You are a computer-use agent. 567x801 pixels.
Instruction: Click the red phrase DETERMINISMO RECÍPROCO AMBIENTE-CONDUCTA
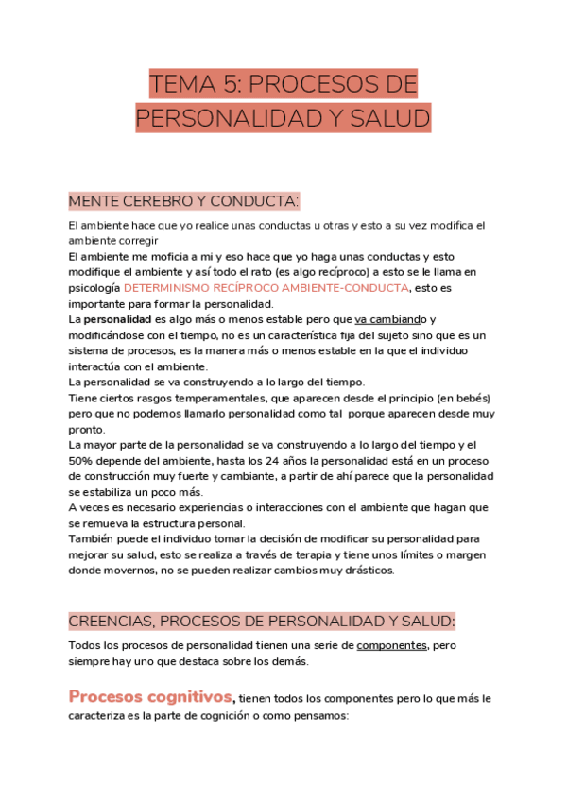click(x=266, y=287)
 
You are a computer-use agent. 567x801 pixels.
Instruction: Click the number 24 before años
click(x=242, y=460)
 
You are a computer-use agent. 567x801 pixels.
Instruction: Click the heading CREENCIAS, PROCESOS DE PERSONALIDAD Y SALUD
click(x=262, y=621)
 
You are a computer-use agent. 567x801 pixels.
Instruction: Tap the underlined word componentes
click(x=392, y=645)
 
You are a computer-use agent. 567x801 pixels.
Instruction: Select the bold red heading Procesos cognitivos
click(x=150, y=697)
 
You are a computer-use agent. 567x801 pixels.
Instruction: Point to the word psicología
click(x=94, y=287)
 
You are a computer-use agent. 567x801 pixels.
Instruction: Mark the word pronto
click(x=87, y=429)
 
